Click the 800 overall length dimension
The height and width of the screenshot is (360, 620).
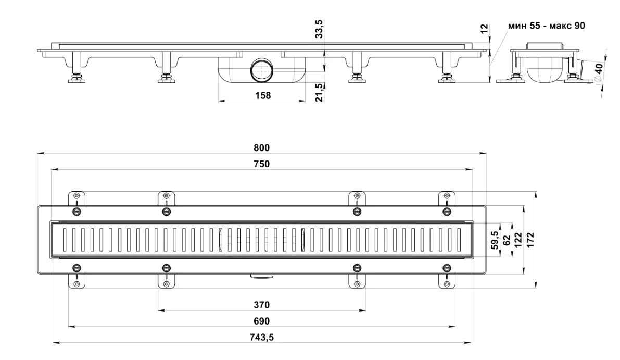point(261,148)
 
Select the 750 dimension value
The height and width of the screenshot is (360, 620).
point(261,164)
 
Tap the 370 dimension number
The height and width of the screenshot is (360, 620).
point(261,305)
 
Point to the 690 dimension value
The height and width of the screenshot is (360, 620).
point(261,321)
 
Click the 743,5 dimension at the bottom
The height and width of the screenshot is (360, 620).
point(261,338)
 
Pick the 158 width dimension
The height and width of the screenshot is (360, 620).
point(263,96)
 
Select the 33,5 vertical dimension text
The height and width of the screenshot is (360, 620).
point(319,29)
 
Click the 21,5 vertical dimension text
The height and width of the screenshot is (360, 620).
point(319,93)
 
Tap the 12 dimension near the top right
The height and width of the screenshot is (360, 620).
point(484,29)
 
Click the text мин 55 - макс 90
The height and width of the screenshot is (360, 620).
point(547,26)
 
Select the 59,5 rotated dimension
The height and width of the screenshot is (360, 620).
point(495,240)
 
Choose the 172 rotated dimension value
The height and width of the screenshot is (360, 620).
point(530,240)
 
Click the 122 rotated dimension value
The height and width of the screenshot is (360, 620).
point(518,240)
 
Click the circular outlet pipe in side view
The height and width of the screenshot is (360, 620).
point(261,70)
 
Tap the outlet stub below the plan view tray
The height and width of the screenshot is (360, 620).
point(261,276)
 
